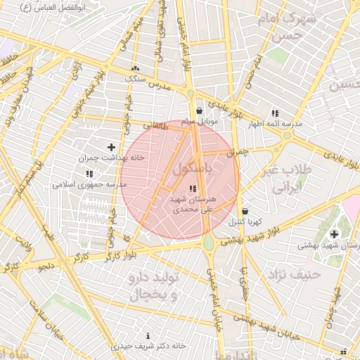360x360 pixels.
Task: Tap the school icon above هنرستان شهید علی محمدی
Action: pos(193,188)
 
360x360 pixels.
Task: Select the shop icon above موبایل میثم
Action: pos(200,110)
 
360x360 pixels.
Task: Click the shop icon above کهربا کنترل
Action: pos(244,211)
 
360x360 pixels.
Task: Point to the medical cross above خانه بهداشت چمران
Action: pos(110,146)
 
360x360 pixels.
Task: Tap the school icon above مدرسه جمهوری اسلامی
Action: pos(89,173)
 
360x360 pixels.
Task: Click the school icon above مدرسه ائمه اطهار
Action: pos(275,112)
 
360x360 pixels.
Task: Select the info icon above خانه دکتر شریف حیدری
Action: pos(148,335)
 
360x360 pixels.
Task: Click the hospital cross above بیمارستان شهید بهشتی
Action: pos(333,233)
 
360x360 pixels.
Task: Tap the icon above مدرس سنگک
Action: pos(135,68)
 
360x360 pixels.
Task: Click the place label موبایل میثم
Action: pos(200,122)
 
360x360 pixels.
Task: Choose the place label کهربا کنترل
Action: pos(245,222)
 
